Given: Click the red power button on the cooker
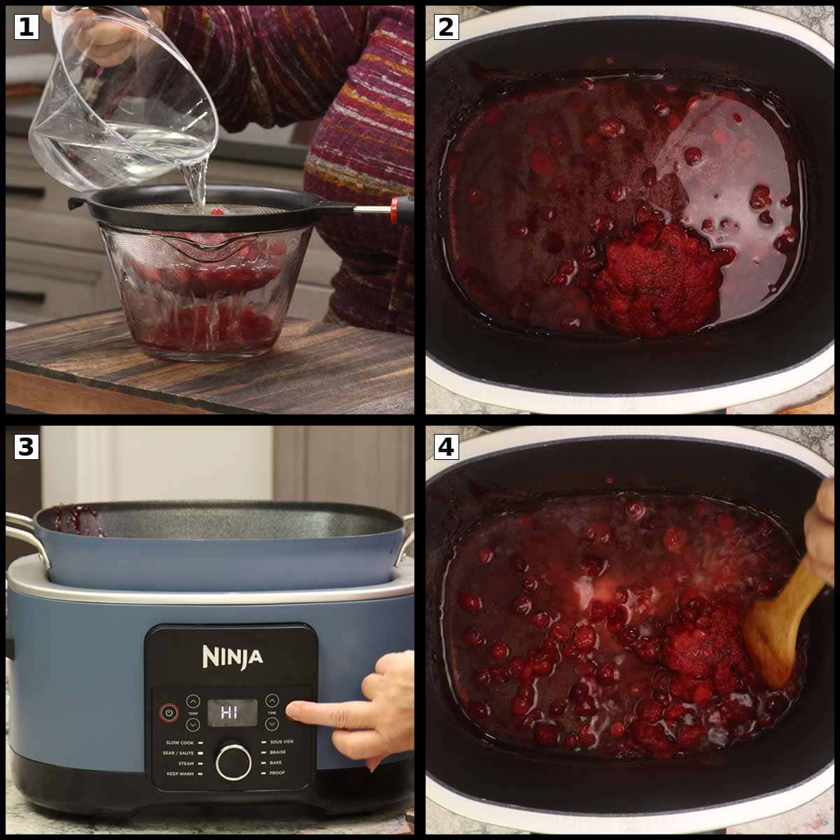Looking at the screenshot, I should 168,713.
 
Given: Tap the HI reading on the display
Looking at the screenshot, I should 230,713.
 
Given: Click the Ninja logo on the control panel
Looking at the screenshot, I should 232,657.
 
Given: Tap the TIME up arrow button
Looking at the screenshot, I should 272,700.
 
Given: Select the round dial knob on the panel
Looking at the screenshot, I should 233,762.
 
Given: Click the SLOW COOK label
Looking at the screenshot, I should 179,742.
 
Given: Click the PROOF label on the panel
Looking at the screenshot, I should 277,773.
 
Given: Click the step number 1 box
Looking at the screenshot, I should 26,27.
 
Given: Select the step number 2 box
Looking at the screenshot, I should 446,27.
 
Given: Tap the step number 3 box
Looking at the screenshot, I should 26,447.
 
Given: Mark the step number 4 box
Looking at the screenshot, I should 446,447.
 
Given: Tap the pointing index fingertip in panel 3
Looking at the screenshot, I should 293,711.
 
